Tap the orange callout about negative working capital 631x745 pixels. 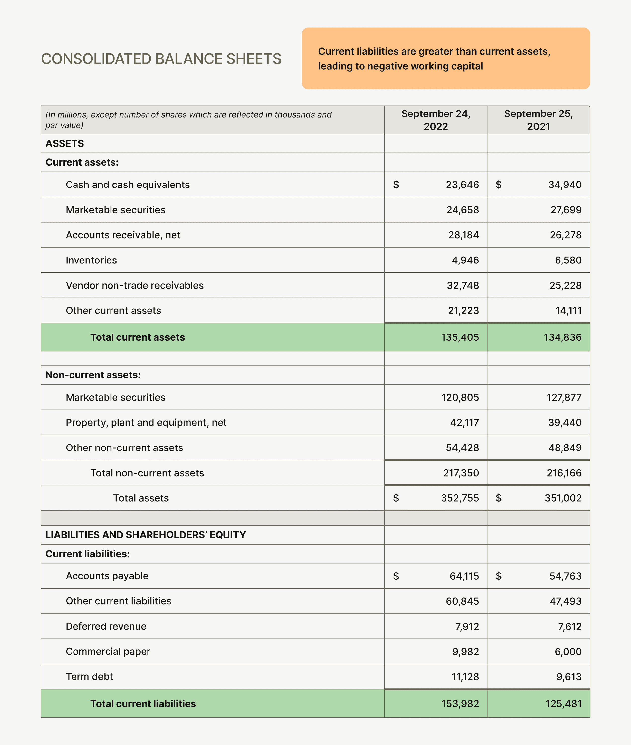click(445, 59)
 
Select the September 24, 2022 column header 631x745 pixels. click(436, 120)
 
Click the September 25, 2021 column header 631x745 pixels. click(538, 120)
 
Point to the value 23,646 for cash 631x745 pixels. click(462, 185)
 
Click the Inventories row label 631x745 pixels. click(91, 260)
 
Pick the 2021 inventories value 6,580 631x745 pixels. click(568, 260)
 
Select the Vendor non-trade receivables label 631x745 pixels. click(135, 285)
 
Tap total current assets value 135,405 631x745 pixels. click(460, 337)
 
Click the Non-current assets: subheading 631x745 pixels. click(93, 375)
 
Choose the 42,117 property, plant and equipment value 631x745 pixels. click(464, 422)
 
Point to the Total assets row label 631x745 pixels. click(141, 498)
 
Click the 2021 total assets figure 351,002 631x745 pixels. click(563, 498)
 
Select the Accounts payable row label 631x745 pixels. click(107, 576)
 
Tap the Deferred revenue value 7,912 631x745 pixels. click(467, 626)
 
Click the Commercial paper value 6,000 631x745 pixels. click(568, 651)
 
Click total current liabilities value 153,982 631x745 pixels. click(460, 704)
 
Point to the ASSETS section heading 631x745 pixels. click(65, 144)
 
